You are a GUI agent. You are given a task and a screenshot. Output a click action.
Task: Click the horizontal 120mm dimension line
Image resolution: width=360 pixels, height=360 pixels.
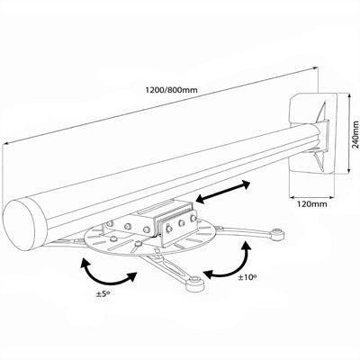[310, 195]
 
